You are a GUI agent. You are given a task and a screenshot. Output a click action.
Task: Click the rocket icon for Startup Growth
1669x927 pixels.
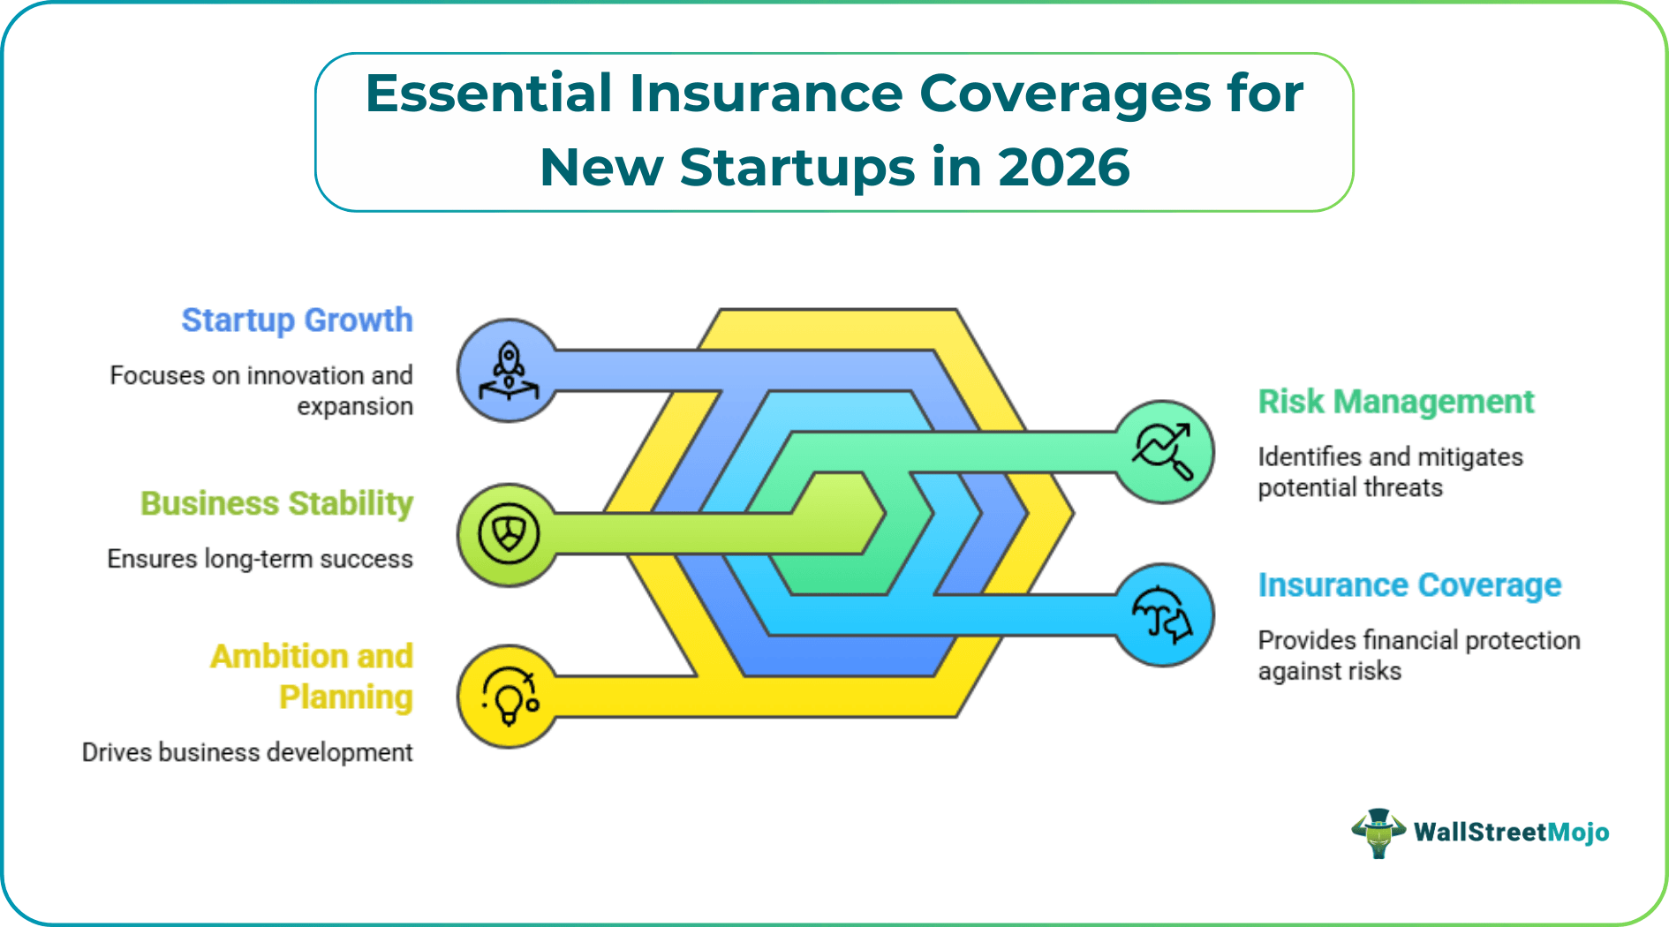pos(509,371)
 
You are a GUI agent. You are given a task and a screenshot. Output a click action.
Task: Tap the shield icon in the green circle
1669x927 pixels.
pos(509,534)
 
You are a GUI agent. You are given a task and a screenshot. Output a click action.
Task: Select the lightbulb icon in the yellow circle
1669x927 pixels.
pos(509,697)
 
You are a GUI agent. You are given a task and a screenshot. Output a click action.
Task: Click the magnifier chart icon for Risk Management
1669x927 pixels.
pos(1163,451)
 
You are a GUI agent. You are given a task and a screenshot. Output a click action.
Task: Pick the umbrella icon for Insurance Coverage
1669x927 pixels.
pos(1163,615)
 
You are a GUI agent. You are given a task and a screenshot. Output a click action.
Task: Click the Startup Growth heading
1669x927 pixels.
pos(297,320)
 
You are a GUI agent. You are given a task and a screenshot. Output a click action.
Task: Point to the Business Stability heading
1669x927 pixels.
pos(276,503)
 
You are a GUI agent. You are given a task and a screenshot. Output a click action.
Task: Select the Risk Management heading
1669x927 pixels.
pos(1395,402)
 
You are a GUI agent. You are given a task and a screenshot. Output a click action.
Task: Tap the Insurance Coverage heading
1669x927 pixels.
pos(1409,585)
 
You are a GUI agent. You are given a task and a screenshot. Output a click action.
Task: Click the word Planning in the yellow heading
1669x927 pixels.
pos(346,697)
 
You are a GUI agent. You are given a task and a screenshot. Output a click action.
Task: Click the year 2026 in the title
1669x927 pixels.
pos(1063,167)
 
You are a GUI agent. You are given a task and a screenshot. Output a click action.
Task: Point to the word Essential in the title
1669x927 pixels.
pos(488,93)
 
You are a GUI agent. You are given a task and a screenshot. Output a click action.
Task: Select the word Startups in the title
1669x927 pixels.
pos(797,167)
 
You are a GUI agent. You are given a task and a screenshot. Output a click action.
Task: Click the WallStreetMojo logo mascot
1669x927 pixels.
pos(1378,833)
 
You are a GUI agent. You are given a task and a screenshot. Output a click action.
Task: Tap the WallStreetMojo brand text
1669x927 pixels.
pos(1511,833)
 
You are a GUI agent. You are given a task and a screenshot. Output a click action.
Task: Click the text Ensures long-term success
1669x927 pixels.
pos(260,559)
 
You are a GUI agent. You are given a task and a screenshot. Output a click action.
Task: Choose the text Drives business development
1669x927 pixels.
pos(247,752)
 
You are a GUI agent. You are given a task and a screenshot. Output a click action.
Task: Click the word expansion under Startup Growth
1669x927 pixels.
pos(355,406)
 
